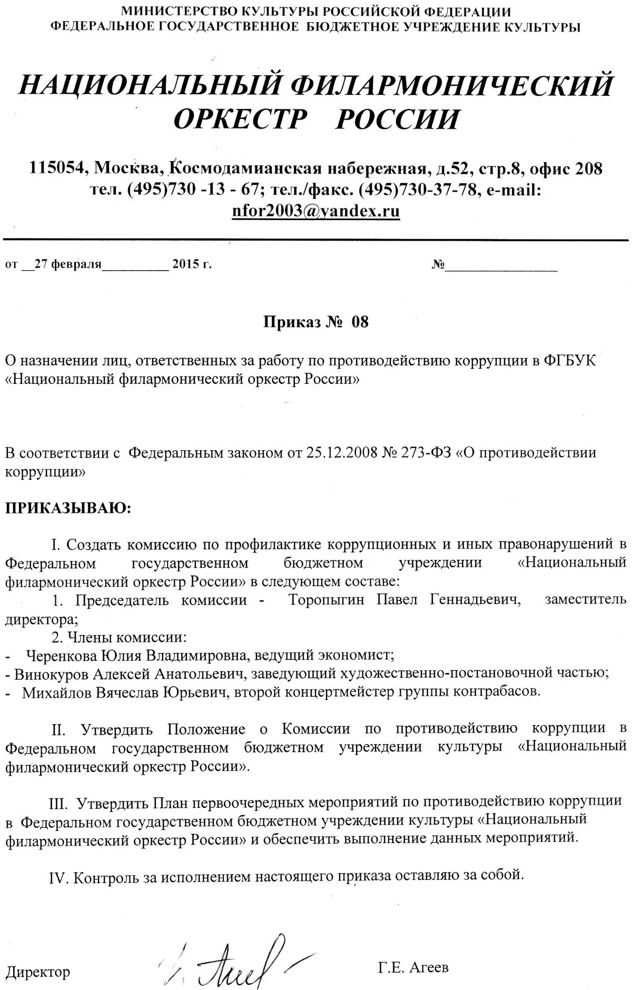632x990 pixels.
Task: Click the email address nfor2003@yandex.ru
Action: pyautogui.click(x=315, y=211)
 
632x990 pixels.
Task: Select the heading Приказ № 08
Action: pyautogui.click(x=316, y=322)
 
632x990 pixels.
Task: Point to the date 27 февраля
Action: pyautogui.click(x=67, y=264)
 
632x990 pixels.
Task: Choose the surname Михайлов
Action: pyautogui.click(x=57, y=691)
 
